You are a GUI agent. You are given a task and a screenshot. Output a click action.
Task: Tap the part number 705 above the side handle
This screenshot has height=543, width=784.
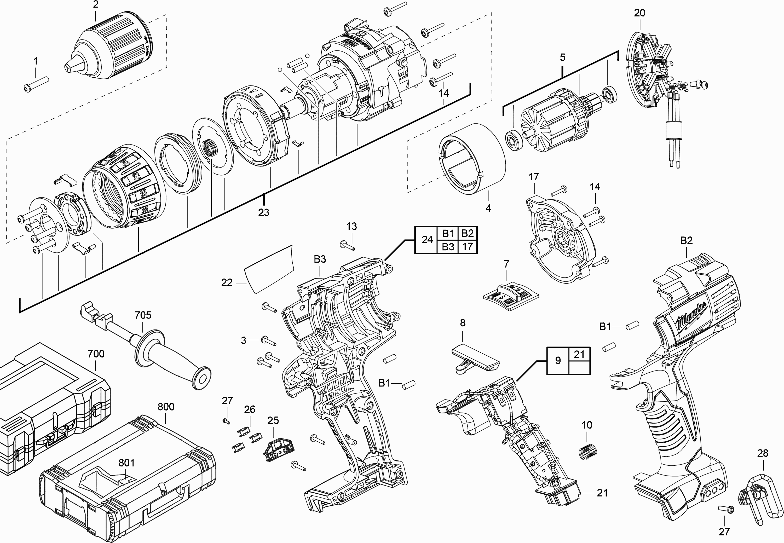[143, 315]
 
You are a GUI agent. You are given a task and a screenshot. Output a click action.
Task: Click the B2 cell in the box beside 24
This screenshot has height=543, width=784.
[467, 233]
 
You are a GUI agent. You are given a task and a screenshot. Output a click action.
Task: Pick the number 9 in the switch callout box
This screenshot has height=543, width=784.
[558, 360]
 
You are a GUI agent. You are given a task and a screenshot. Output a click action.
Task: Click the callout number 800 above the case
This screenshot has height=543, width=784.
[166, 407]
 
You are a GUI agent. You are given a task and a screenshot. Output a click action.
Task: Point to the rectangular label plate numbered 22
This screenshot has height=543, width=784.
[269, 269]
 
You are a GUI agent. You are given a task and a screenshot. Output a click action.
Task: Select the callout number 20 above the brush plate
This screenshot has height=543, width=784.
[639, 13]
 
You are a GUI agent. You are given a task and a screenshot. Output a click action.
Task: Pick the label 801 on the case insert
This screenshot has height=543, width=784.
[126, 463]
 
